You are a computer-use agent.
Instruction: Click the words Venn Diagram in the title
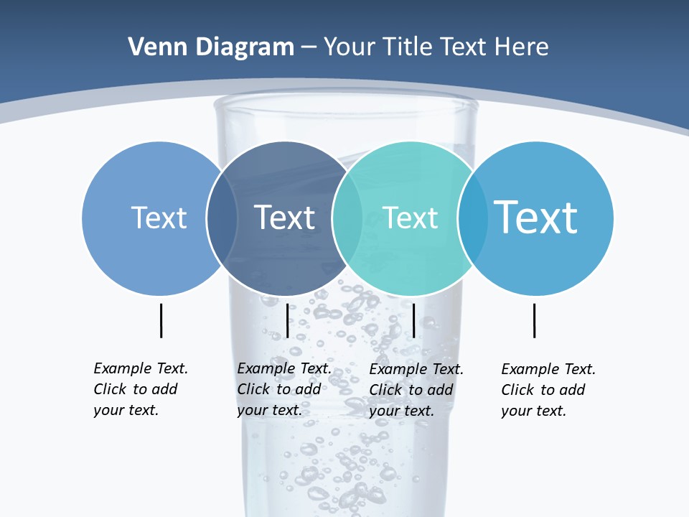[211, 47]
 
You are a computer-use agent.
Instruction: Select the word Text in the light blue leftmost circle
[159, 218]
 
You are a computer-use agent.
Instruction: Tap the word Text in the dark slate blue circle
[285, 218]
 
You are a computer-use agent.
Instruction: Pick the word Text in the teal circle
[410, 218]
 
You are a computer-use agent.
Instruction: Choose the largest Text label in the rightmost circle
[536, 217]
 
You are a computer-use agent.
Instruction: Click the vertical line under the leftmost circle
[161, 320]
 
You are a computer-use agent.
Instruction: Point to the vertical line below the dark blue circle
[287, 320]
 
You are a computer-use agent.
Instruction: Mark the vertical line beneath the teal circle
[414, 320]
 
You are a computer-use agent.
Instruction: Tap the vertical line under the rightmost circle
[535, 320]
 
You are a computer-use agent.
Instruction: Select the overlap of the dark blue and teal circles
[347, 218]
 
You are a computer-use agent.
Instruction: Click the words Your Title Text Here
[436, 47]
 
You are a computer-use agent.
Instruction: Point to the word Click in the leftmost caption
[110, 389]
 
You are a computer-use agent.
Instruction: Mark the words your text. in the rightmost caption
[533, 411]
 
